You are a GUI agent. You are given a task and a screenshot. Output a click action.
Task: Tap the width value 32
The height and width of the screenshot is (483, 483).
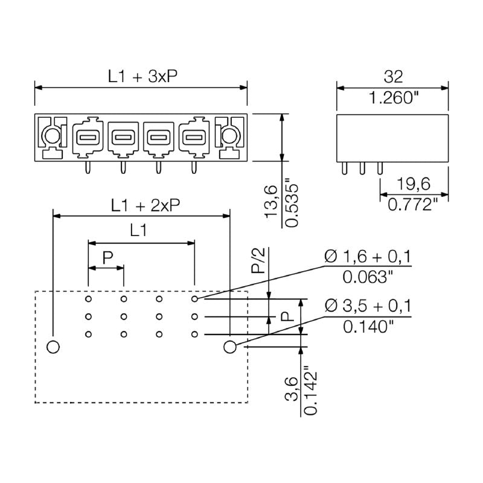393,77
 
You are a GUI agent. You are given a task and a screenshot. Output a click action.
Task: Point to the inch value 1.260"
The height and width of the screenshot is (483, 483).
393,98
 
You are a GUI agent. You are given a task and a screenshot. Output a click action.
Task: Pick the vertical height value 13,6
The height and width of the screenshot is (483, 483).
271,202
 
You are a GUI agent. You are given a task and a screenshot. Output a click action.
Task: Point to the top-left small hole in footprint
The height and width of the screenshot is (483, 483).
88,299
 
